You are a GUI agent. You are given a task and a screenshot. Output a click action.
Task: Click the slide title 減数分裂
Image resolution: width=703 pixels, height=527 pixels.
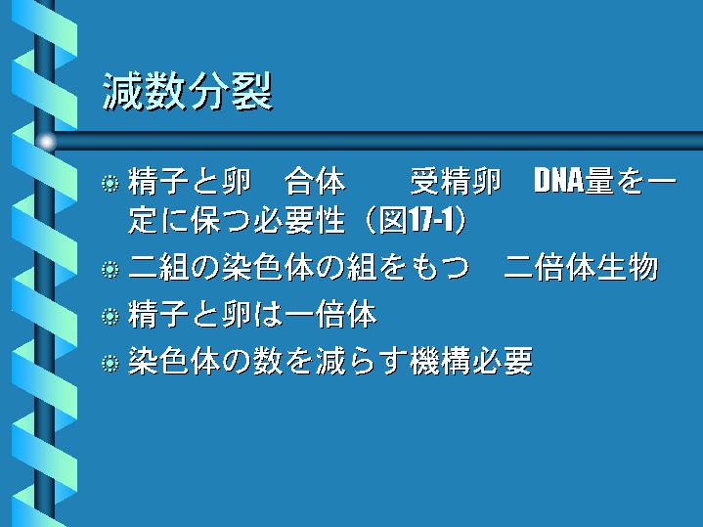click(x=188, y=92)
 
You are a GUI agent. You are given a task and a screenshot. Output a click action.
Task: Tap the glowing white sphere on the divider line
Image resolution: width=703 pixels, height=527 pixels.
click(x=46, y=142)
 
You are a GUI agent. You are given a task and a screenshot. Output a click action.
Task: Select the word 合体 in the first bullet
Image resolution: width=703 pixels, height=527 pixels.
click(x=315, y=182)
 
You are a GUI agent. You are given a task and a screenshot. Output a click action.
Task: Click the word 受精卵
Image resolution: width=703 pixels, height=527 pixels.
click(x=455, y=182)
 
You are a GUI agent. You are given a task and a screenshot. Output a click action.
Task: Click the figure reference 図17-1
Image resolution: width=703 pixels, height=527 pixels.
click(x=417, y=220)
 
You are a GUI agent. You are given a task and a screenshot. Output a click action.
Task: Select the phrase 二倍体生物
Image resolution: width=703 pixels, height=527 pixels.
click(x=581, y=267)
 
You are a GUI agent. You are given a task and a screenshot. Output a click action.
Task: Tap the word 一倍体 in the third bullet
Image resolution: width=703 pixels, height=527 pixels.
click(x=330, y=315)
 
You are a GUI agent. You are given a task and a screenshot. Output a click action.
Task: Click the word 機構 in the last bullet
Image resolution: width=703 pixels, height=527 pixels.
click(x=440, y=361)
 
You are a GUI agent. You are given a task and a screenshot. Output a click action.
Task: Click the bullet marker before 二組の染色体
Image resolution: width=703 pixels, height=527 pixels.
click(x=110, y=270)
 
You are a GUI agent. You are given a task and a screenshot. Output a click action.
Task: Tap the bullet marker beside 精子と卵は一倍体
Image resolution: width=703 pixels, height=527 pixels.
click(x=110, y=316)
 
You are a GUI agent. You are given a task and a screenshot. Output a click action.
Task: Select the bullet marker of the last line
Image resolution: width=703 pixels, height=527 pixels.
click(x=110, y=363)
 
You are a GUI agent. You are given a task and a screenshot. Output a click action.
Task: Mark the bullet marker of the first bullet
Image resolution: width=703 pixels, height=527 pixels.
click(x=110, y=184)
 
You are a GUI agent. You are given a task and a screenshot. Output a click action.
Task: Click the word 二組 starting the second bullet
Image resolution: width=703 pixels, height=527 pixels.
click(x=158, y=267)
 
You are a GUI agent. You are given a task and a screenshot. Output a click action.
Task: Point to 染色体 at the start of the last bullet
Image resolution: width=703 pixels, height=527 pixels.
click(x=174, y=361)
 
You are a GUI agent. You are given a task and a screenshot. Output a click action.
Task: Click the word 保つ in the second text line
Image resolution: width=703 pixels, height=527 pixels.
click(x=221, y=220)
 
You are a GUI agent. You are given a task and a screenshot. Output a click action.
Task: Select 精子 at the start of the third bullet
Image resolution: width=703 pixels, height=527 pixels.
click(x=158, y=315)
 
